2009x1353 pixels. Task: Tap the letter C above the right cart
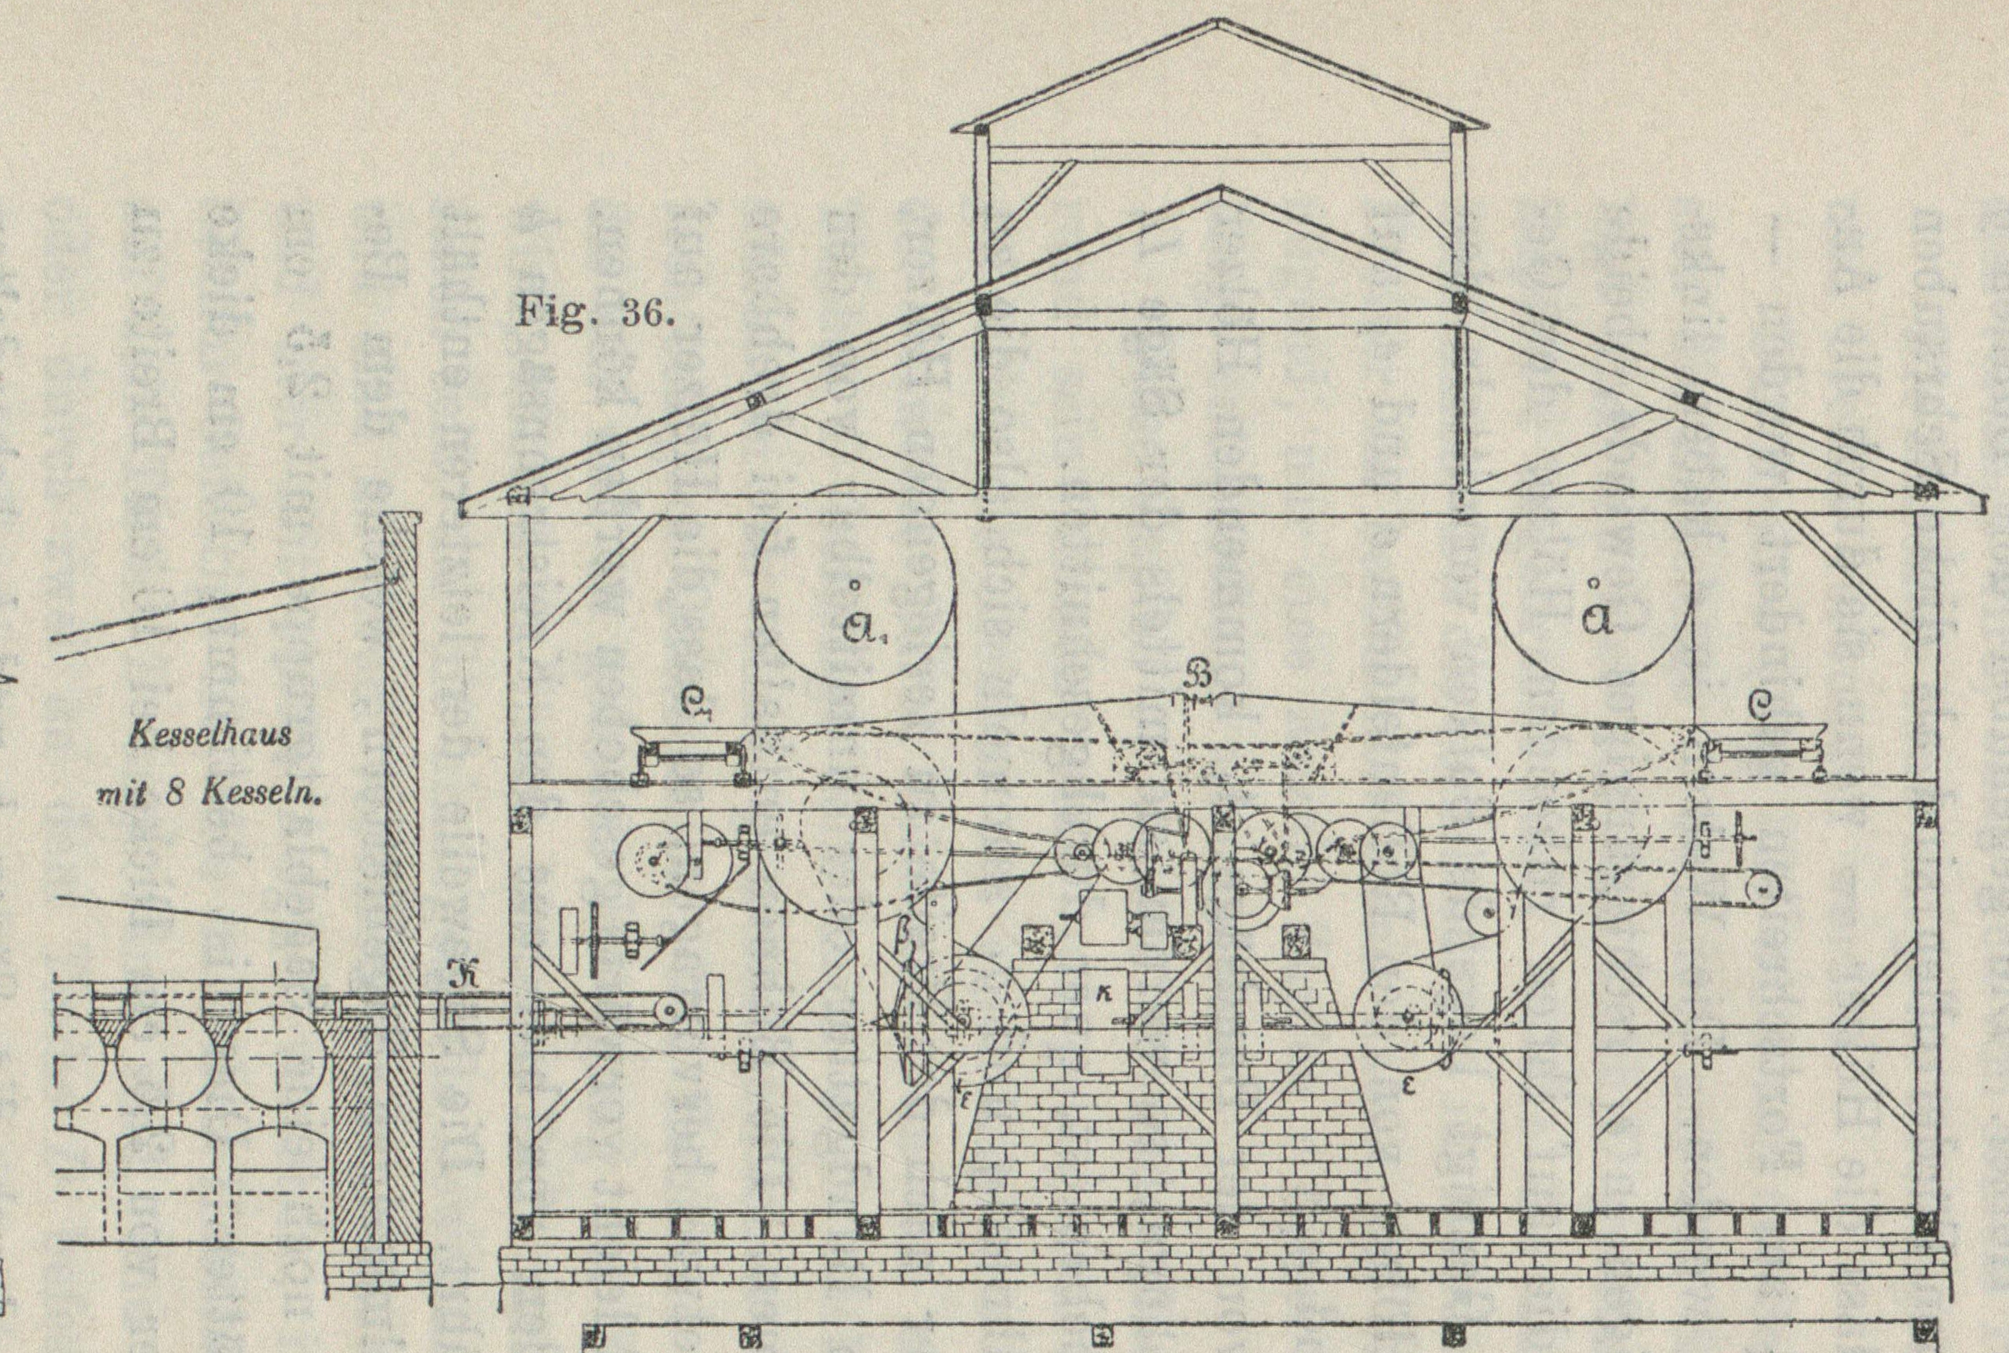pyautogui.click(x=1759, y=707)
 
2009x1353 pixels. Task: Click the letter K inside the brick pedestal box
pyautogui.click(x=1104, y=994)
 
